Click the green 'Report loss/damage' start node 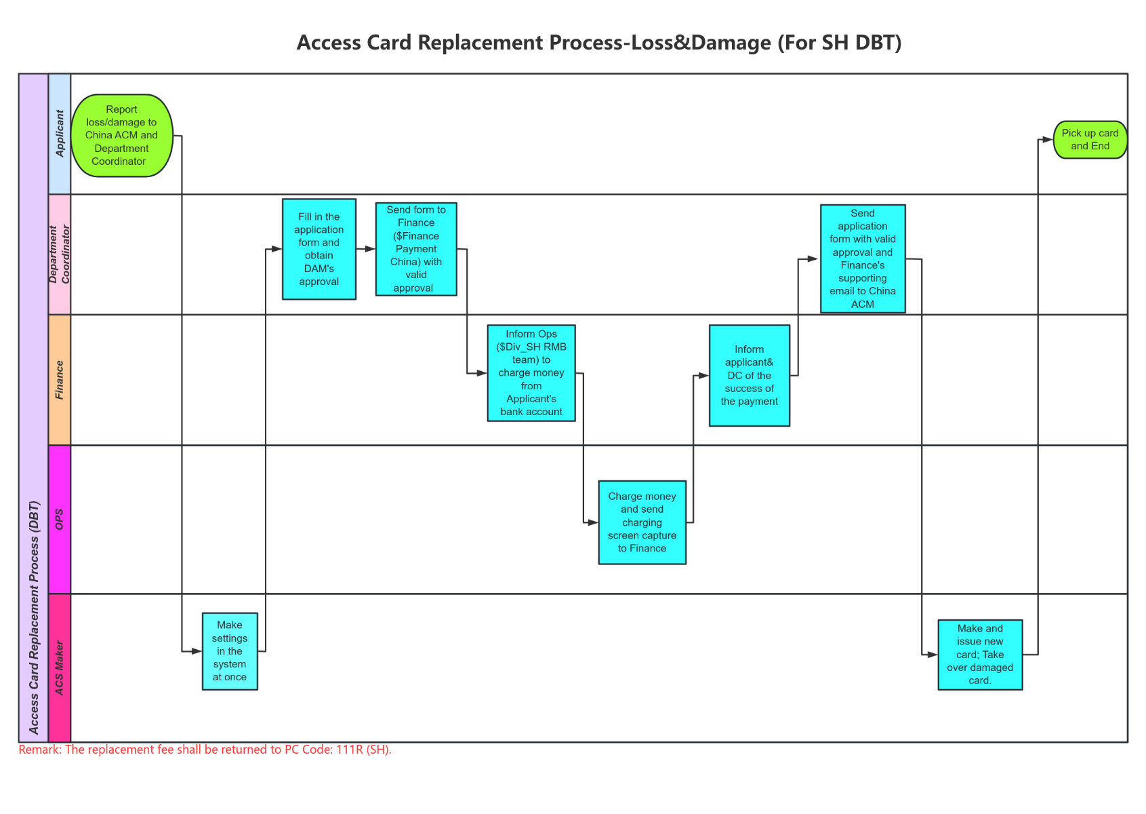(121, 136)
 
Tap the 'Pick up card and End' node (1090, 140)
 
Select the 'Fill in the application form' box (319, 249)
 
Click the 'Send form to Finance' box (416, 249)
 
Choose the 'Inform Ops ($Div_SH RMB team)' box (531, 373)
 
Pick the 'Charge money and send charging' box (642, 522)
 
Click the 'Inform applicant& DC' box (749, 375)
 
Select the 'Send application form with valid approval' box (862, 258)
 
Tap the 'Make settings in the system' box (230, 651)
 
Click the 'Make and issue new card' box (979, 655)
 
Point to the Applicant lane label (60, 134)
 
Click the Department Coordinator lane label (60, 254)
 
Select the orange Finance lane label (60, 380)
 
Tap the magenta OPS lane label (60, 520)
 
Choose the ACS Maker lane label (60, 668)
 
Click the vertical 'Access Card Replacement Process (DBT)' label (34, 617)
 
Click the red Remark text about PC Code (205, 750)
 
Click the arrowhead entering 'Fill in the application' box (277, 249)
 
